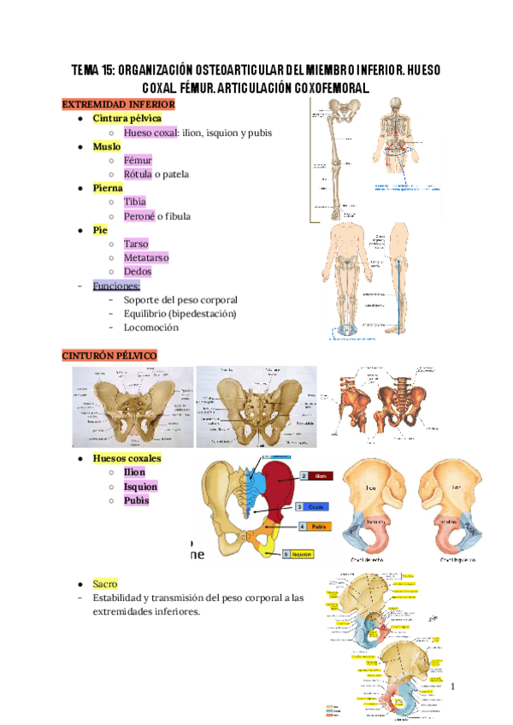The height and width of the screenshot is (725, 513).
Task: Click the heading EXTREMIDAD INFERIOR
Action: [118, 104]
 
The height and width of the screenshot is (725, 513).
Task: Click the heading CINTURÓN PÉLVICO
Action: [109, 354]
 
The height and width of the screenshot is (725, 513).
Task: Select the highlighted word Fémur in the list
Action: [138, 160]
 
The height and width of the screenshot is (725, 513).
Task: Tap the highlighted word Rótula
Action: [138, 174]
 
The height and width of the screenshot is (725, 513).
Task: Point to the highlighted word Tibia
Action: [135, 202]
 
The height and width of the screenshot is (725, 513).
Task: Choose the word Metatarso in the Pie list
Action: [146, 257]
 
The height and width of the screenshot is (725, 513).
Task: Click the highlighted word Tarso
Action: [137, 244]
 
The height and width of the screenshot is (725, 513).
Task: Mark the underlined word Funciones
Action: [116, 286]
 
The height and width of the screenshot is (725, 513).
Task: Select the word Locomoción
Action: [151, 327]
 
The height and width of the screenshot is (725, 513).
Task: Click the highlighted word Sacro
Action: [106, 583]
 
